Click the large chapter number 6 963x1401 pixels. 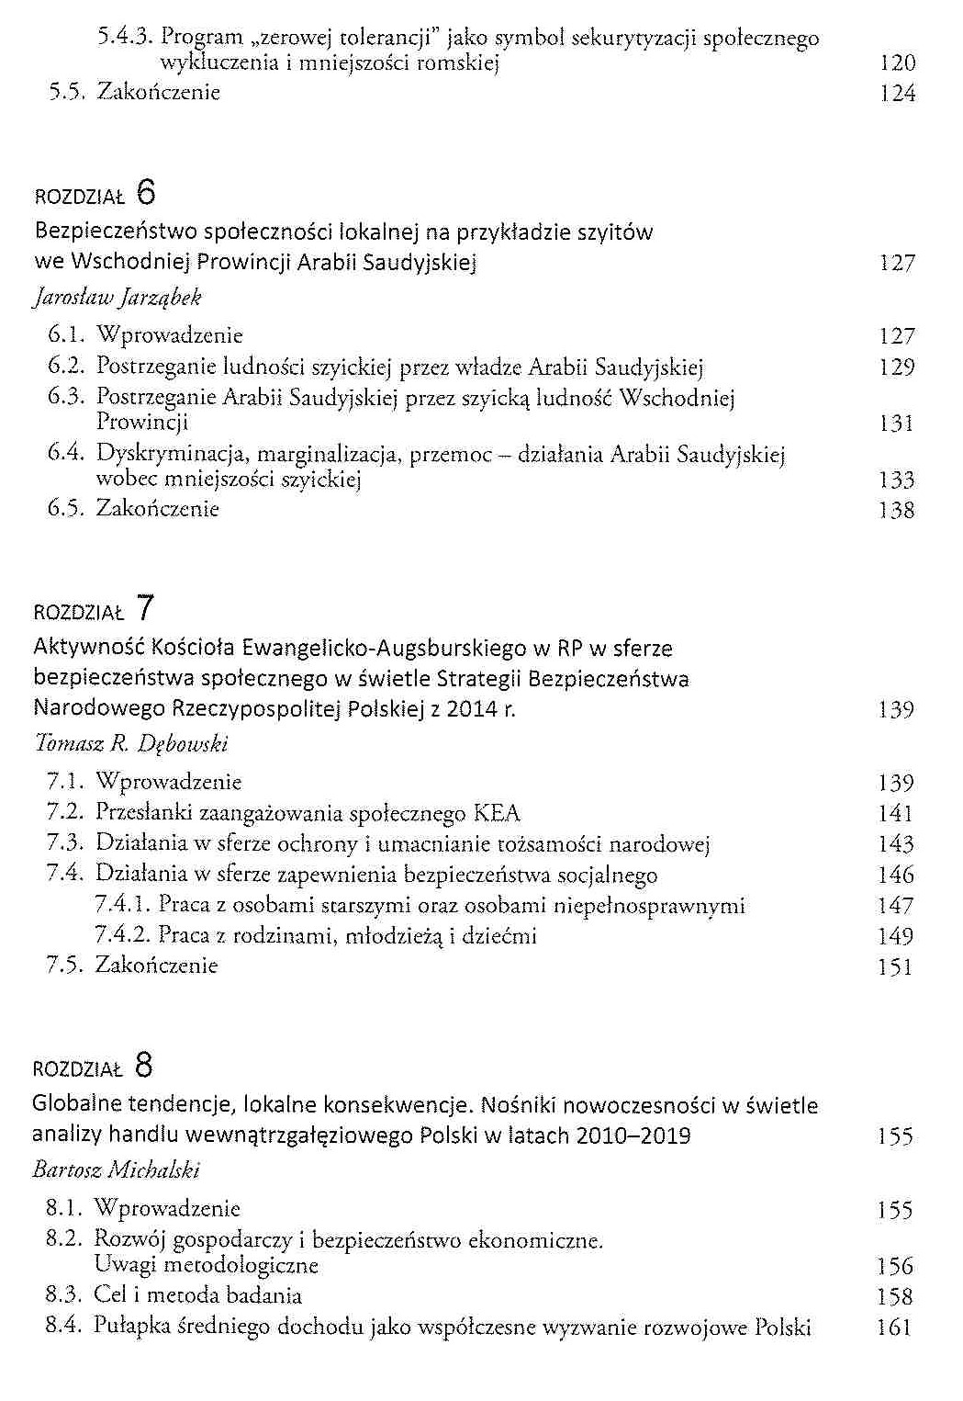coord(146,193)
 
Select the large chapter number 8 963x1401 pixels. coord(144,1066)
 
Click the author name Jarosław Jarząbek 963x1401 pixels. coord(117,298)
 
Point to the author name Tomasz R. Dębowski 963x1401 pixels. coord(129,743)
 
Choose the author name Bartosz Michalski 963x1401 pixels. coord(116,1169)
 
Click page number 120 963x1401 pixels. coord(896,63)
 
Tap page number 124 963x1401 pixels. coord(896,94)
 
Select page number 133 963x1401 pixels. coord(895,480)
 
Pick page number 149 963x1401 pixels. coord(895,937)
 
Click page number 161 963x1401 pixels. coord(893,1328)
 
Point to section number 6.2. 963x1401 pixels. coord(66,367)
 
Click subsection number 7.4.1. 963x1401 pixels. coord(122,905)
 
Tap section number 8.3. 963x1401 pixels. coord(64,1295)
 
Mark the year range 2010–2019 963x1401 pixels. coord(633,1135)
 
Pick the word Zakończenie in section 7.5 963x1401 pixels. coord(156,966)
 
